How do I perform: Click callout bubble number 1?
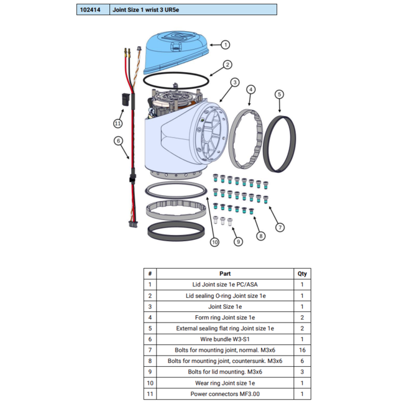[x=226, y=45]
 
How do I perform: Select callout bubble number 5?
[x=279, y=94]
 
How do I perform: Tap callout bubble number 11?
[x=118, y=123]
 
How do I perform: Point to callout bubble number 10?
[x=214, y=242]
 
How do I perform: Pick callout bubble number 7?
[x=280, y=227]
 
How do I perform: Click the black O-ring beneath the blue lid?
[x=175, y=80]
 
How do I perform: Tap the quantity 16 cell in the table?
[x=302, y=351]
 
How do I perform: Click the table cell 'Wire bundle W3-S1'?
[x=225, y=339]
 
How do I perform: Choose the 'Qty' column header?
[x=302, y=273]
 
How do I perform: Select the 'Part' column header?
[x=225, y=273]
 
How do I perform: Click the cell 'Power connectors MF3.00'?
[x=225, y=394]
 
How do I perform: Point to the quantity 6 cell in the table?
[x=302, y=361]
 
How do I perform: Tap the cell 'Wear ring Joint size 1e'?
[x=225, y=383]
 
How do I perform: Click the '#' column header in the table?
[x=149, y=273]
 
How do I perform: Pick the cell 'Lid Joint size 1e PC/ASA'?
[x=225, y=285]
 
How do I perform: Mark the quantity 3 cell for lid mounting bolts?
[x=302, y=372]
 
